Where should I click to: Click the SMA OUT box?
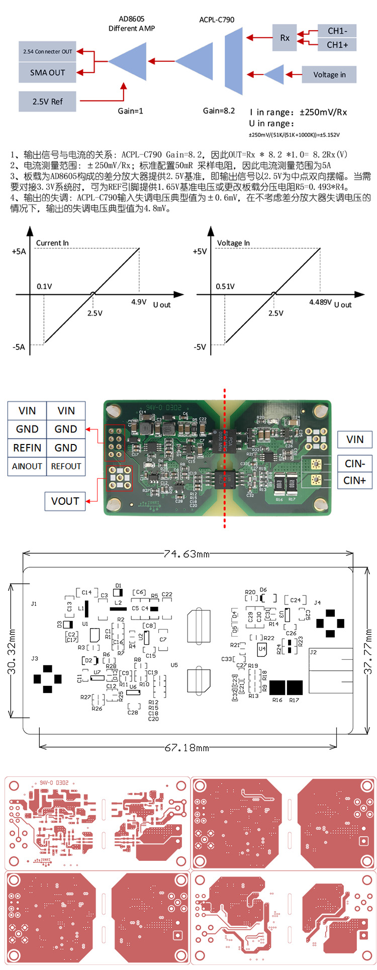(47, 72)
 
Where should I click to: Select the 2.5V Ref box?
(47, 102)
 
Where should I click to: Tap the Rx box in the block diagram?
(285, 38)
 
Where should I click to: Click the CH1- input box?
(337, 31)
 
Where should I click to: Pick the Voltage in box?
(329, 75)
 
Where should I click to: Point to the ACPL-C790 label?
(217, 20)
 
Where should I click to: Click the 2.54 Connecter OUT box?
(47, 51)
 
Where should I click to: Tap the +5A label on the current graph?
(19, 251)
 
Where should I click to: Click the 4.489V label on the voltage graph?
(320, 302)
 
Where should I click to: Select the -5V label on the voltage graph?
(200, 347)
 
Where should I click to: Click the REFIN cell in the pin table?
(27, 448)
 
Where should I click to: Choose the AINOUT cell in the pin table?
(27, 466)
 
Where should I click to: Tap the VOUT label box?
(65, 501)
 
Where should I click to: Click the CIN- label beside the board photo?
(354, 463)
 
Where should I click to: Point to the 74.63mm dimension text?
(186, 554)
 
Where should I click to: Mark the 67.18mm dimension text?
(186, 748)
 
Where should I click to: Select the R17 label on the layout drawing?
(294, 700)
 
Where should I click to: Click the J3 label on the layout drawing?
(34, 658)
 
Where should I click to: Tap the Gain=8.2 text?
(219, 111)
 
